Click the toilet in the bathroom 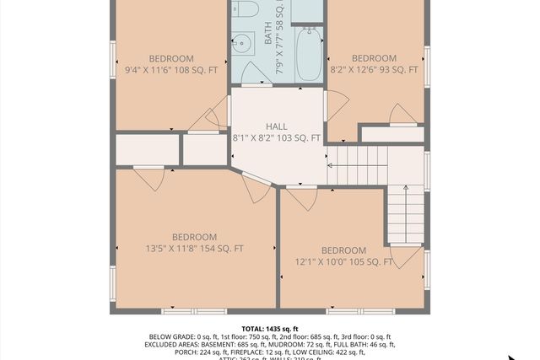(246, 9)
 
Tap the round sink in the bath (242, 41)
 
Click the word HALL (277, 126)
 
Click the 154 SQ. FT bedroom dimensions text (194, 249)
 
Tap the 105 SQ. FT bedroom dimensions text (344, 262)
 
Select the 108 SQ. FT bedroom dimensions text (170, 70)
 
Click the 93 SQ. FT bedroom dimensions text (374, 70)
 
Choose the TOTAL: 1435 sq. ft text (270, 329)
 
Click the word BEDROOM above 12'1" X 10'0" (344, 250)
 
